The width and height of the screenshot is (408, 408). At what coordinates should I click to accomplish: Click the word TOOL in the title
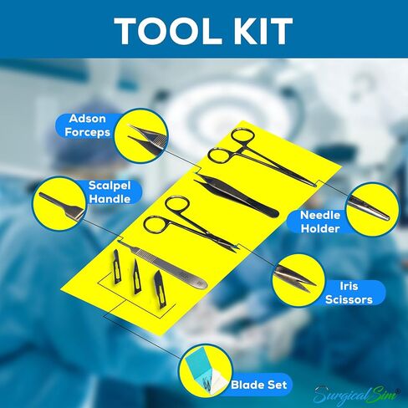pyautogui.click(x=165, y=30)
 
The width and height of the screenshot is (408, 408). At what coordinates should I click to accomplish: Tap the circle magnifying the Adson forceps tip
pyautogui.click(x=140, y=135)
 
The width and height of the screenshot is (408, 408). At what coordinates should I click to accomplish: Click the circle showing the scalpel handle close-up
pyautogui.click(x=61, y=201)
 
